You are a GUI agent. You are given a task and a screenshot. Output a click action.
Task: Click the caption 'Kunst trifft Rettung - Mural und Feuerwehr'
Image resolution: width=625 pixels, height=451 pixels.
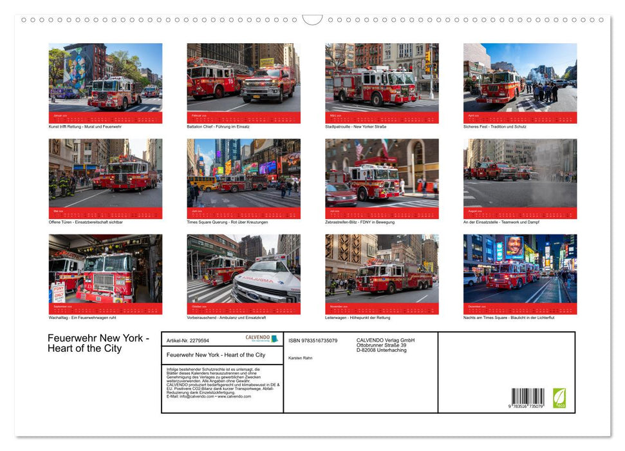[x=85, y=127]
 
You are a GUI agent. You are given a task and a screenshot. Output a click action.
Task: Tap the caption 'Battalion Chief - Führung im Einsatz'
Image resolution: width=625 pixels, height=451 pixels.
[x=218, y=127]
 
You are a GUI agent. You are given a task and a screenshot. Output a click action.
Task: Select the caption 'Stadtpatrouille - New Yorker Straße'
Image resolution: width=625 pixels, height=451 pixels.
[x=355, y=127]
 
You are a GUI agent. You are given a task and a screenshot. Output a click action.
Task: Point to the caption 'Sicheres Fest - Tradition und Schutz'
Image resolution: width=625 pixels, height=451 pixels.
[x=494, y=127]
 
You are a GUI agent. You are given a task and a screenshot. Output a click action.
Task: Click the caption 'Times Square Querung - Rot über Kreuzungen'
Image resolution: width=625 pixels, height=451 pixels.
[x=227, y=222]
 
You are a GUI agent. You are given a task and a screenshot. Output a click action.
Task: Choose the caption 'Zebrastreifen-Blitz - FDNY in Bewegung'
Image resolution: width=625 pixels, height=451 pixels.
[x=364, y=222]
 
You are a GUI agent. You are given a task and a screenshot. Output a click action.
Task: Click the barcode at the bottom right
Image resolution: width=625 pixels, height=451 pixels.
[x=528, y=396]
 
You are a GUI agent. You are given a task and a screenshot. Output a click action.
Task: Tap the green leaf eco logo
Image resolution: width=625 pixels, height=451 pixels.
[x=559, y=397]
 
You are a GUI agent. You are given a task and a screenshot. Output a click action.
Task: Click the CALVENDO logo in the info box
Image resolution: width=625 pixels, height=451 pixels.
[x=261, y=338]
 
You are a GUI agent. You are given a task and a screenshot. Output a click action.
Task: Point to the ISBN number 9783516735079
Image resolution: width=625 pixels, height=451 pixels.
[x=313, y=340]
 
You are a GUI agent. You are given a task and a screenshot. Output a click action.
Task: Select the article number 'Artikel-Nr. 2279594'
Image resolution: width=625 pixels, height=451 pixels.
[x=187, y=340]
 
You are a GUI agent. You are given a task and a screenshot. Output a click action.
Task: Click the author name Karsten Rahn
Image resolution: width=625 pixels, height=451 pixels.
[x=301, y=358]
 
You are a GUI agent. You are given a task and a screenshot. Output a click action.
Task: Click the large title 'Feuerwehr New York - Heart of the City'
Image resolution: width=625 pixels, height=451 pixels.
[x=98, y=343]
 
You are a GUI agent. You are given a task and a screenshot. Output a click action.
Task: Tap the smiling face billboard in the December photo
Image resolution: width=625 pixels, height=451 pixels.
[x=514, y=246]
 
